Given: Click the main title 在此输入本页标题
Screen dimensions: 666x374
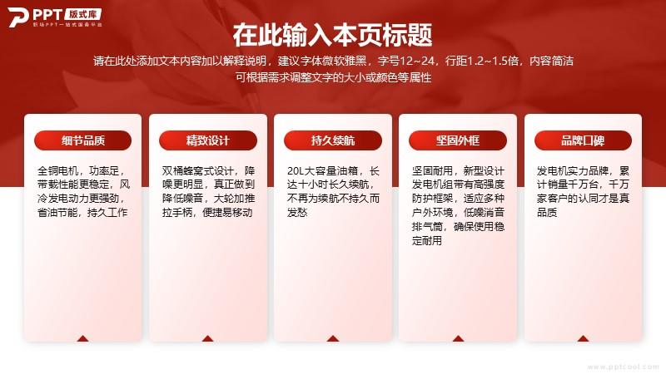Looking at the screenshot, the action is (x=332, y=35).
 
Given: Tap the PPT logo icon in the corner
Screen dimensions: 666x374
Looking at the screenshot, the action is (x=17, y=17).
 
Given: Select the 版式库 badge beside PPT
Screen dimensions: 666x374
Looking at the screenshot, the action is (x=83, y=14).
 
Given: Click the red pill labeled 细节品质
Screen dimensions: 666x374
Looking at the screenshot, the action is (x=82, y=140).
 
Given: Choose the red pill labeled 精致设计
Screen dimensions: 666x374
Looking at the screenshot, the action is (x=208, y=140).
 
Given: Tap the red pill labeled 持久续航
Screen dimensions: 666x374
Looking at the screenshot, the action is (x=333, y=140).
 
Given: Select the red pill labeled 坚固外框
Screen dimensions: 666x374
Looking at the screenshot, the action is (x=458, y=140).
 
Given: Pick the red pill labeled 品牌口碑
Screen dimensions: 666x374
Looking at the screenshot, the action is (x=583, y=140).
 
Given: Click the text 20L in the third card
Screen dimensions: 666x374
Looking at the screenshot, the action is (x=296, y=171).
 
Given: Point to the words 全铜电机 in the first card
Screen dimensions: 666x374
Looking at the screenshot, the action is (x=57, y=171).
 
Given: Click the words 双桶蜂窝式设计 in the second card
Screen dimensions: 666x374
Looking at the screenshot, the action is (x=198, y=171).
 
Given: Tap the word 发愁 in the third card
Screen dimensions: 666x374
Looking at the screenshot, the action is (x=297, y=213).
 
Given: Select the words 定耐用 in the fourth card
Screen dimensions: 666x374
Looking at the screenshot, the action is (x=427, y=240).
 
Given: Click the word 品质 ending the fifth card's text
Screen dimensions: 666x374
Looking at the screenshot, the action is (x=547, y=213).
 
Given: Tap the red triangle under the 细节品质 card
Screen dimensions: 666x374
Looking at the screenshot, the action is (x=82, y=338).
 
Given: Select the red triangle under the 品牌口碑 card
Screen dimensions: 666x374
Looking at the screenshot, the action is (x=583, y=338).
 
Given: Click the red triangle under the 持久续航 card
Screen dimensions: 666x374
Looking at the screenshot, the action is (x=333, y=338).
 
